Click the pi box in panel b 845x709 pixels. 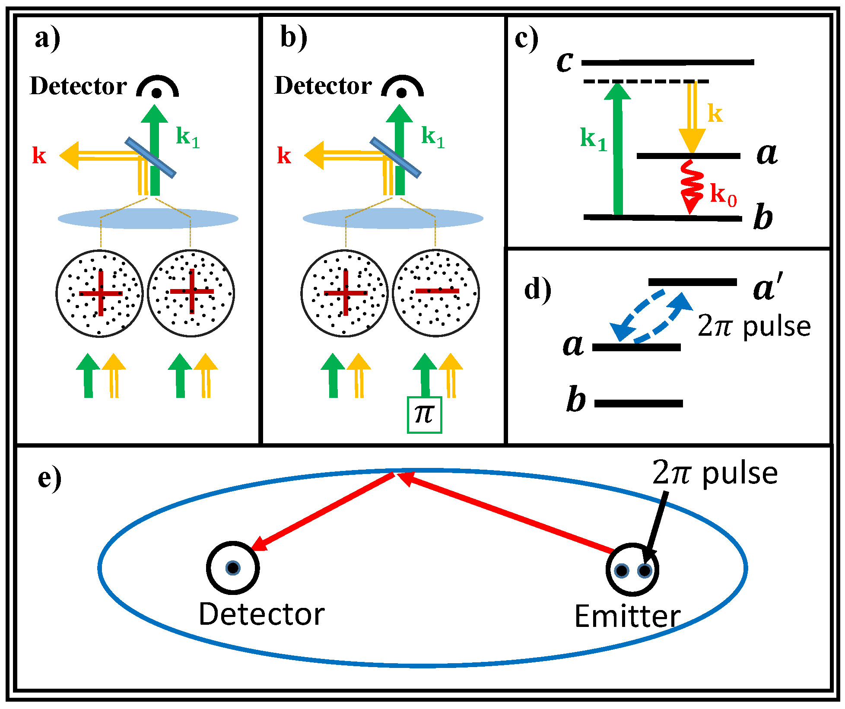click(x=424, y=415)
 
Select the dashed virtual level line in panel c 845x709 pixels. click(x=646, y=81)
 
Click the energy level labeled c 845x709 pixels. click(x=667, y=63)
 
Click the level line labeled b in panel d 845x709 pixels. click(x=639, y=404)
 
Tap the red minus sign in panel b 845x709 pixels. click(x=437, y=291)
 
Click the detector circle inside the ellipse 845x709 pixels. click(x=233, y=568)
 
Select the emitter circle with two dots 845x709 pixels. click(x=632, y=570)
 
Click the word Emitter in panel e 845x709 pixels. click(x=627, y=616)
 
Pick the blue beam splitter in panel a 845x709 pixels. click(x=150, y=158)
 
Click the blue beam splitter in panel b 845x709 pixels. click(x=395, y=158)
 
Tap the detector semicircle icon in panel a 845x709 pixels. click(x=157, y=87)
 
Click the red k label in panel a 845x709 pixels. click(x=39, y=155)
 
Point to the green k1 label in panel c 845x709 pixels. click(x=594, y=139)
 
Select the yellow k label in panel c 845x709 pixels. click(x=715, y=114)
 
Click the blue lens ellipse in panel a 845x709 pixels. click(x=148, y=218)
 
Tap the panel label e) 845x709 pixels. click(x=49, y=478)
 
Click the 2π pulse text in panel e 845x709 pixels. click(x=715, y=474)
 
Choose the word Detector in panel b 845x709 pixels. click(x=323, y=86)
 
